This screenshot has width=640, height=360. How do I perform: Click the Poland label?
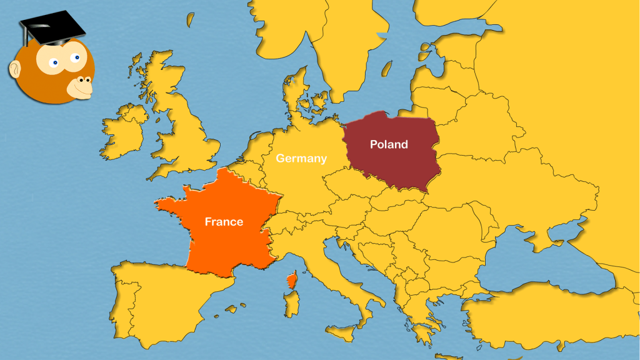pyautogui.click(x=389, y=144)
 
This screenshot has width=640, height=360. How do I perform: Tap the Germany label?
pyautogui.click(x=301, y=158)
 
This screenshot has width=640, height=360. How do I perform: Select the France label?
pyautogui.click(x=224, y=221)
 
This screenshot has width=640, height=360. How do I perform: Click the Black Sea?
pyautogui.click(x=537, y=262)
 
